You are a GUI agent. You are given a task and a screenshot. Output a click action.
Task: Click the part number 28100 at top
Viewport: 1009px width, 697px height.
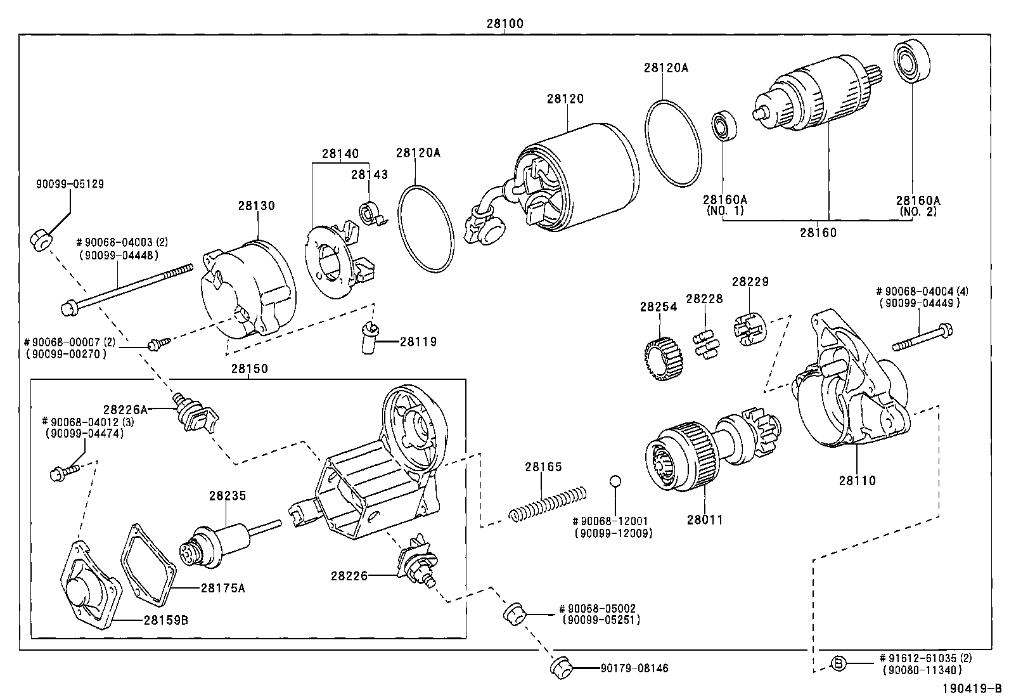click(504, 23)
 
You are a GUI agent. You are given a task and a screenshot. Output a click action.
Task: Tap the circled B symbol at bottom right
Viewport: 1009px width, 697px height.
click(838, 664)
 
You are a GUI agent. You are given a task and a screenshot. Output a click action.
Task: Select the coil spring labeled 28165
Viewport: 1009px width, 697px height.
click(549, 504)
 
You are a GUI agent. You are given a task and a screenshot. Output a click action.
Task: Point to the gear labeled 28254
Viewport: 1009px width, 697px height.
click(665, 359)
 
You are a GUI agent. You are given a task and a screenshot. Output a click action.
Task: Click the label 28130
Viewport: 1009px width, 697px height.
click(257, 205)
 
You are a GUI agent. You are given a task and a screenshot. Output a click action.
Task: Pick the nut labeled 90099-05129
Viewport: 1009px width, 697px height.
click(42, 240)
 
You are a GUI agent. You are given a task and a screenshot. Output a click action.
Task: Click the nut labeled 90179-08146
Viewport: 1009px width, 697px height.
click(562, 667)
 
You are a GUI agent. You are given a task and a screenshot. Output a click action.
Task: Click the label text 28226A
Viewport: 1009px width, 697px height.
click(125, 410)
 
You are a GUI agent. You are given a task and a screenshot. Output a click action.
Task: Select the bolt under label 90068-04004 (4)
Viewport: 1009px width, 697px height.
click(922, 338)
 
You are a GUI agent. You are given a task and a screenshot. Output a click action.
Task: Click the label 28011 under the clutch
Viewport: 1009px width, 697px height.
click(704, 519)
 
